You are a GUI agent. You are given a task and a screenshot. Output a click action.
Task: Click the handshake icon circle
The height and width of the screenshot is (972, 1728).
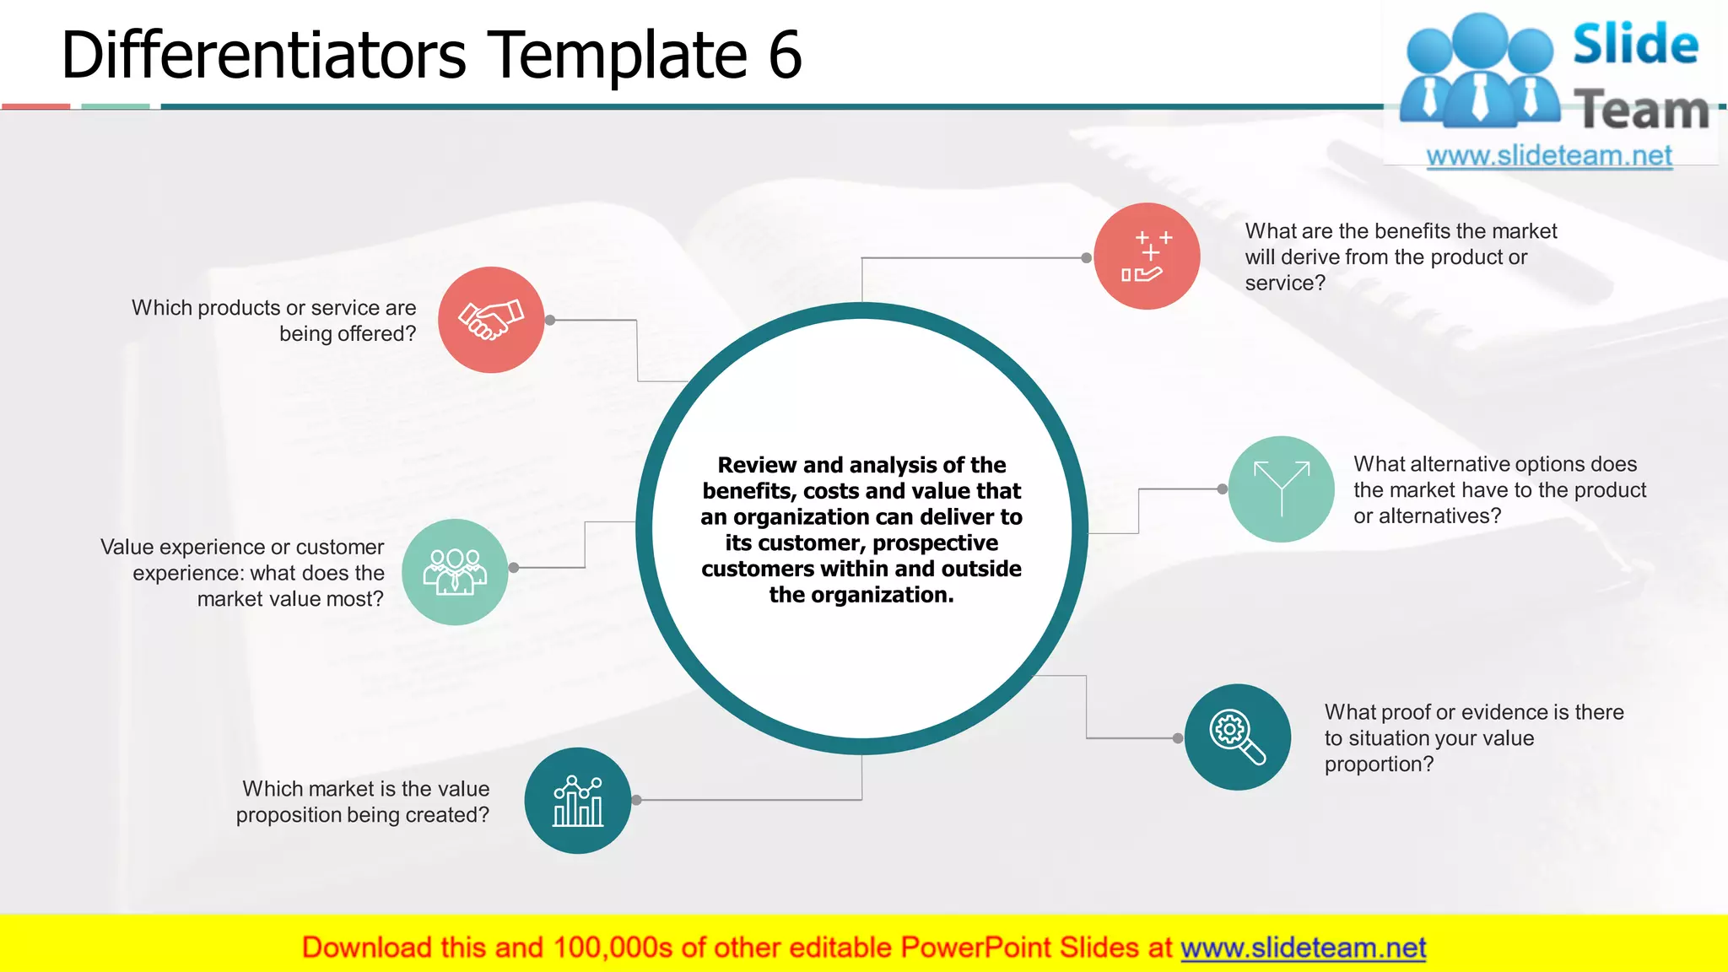tap(491, 320)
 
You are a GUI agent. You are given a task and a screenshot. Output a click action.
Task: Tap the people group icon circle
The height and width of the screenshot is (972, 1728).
tap(455, 571)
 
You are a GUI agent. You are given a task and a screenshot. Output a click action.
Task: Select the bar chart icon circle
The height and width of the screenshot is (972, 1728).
tap(578, 800)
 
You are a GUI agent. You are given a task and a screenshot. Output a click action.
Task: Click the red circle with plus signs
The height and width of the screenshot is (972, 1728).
tap(1147, 256)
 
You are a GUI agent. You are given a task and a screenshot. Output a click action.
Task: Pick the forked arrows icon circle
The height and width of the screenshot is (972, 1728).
tap(1281, 489)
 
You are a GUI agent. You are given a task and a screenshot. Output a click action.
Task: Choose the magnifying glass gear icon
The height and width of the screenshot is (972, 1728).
tap(1237, 737)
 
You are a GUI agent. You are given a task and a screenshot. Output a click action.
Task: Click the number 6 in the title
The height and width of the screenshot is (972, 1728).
tap(785, 56)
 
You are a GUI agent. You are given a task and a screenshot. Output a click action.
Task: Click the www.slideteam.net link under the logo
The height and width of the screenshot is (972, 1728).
tap(1549, 156)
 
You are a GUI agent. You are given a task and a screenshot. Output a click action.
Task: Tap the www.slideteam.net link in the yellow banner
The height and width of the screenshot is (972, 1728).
tap(1303, 948)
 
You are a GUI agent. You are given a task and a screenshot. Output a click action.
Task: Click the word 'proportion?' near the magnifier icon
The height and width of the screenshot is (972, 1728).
tap(1379, 764)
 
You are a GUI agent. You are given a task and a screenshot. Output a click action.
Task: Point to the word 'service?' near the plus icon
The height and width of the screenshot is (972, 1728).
tap(1285, 283)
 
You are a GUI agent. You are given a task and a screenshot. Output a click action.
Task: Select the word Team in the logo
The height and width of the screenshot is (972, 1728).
tap(1641, 111)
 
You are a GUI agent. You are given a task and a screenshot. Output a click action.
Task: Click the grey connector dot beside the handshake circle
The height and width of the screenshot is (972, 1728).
tap(550, 321)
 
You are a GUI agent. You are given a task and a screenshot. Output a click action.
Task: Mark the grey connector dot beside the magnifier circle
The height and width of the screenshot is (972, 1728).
tap(1178, 738)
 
